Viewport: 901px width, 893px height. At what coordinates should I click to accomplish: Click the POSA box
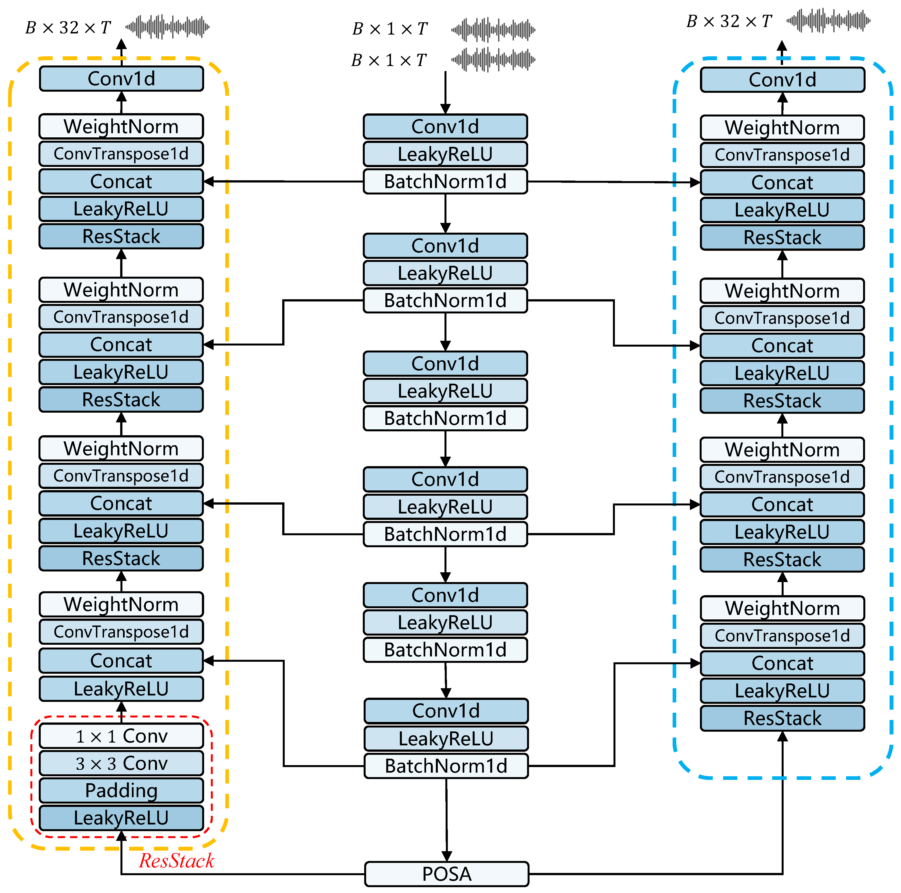pyautogui.click(x=446, y=874)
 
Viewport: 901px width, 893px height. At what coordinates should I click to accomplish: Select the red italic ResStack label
pyautogui.click(x=176, y=860)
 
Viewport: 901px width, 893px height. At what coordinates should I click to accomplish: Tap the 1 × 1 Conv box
pyautogui.click(x=121, y=736)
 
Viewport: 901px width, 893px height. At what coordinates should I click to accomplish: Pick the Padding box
pyautogui.click(x=121, y=790)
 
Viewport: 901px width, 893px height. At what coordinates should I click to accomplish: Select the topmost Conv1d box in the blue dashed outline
pyautogui.click(x=782, y=80)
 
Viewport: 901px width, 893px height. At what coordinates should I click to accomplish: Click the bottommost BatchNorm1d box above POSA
pyautogui.click(x=446, y=766)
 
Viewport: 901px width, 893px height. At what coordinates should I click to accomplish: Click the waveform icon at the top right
pyautogui.click(x=828, y=21)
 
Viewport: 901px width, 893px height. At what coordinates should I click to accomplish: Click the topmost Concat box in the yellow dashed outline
pyautogui.click(x=121, y=181)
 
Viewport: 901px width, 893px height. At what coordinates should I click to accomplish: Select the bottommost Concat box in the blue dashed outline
pyautogui.click(x=782, y=663)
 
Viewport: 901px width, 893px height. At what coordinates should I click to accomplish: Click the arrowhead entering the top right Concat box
pyautogui.click(x=695, y=182)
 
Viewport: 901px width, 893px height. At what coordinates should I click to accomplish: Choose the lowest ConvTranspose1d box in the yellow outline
pyautogui.click(x=121, y=632)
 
